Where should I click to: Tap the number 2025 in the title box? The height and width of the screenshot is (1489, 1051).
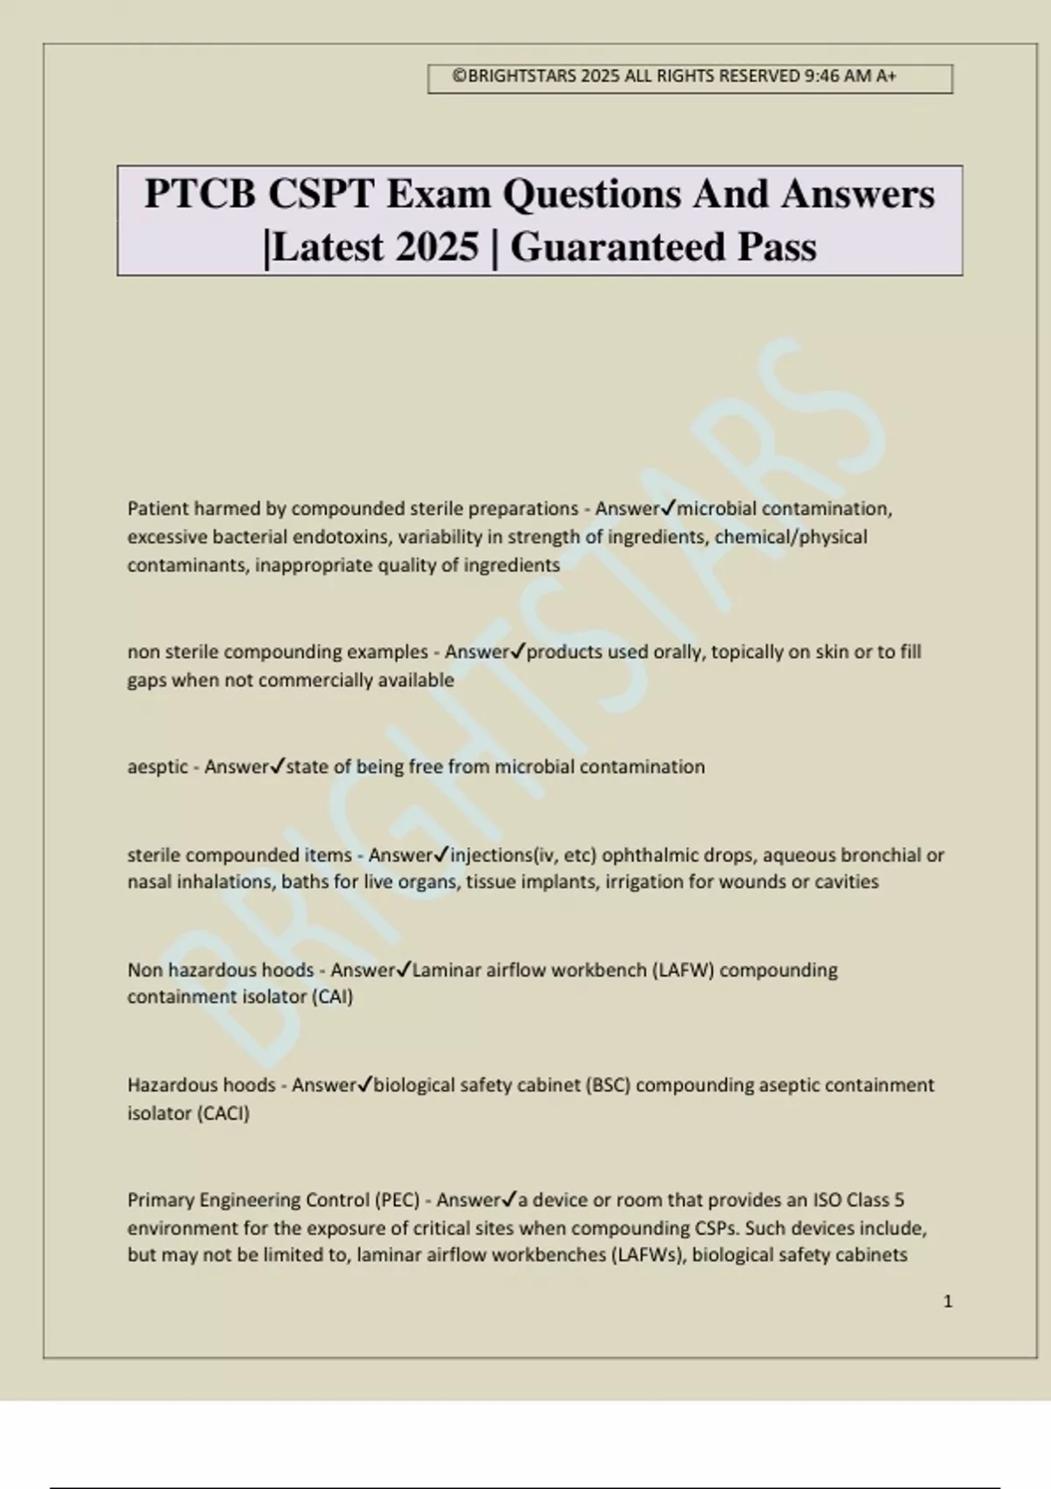(x=436, y=247)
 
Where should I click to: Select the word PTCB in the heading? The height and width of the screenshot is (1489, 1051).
(x=200, y=194)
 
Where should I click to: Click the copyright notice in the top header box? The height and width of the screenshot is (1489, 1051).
(x=674, y=76)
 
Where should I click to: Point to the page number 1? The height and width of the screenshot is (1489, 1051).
(x=948, y=1302)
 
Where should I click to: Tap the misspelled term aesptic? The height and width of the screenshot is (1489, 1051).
(x=158, y=767)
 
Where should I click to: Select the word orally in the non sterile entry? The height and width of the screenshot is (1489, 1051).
(x=679, y=653)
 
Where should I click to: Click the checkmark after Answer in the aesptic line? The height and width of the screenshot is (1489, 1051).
(x=277, y=766)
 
